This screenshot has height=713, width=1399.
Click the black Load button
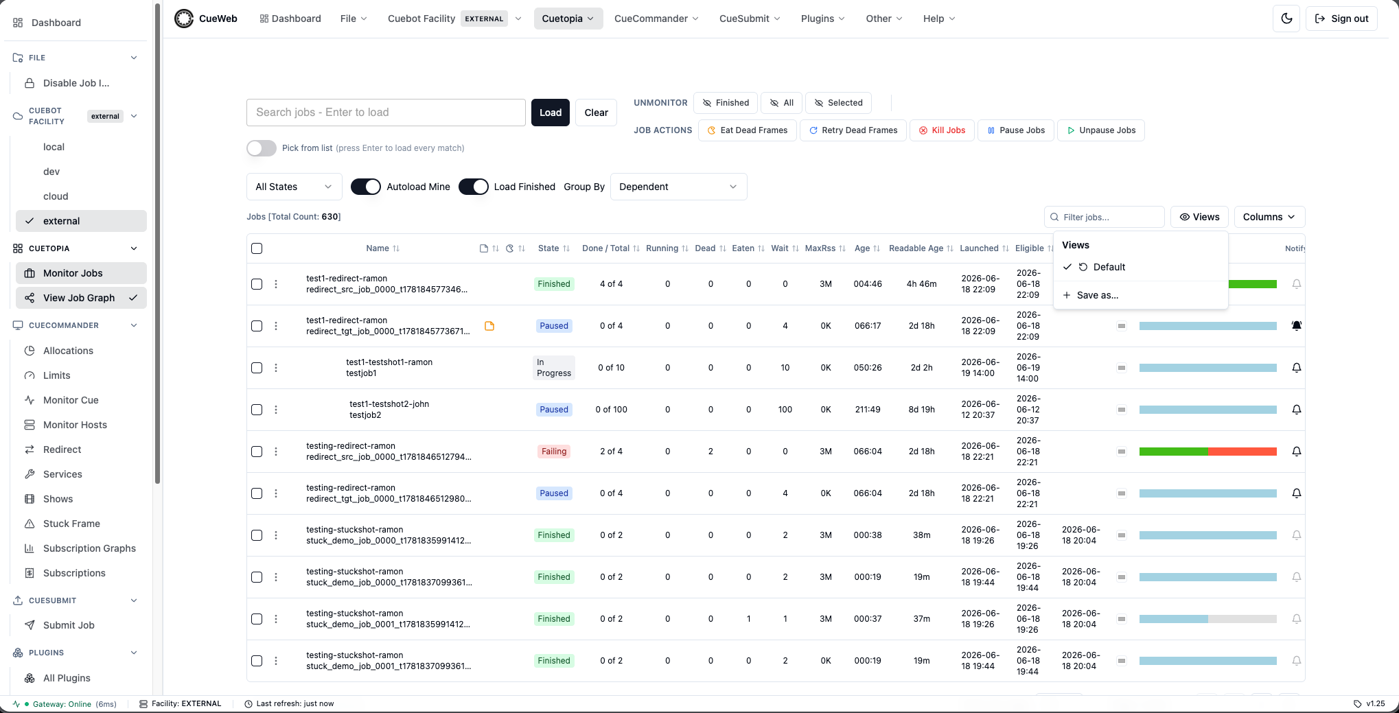click(550, 113)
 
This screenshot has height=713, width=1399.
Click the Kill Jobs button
click(942, 130)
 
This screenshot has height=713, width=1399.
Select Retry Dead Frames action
click(853, 130)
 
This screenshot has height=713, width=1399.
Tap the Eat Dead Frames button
click(747, 130)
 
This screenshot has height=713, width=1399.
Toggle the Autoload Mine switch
click(366, 187)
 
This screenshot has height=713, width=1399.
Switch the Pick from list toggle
click(262, 148)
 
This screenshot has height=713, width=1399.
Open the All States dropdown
click(294, 187)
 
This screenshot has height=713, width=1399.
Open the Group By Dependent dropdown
click(678, 187)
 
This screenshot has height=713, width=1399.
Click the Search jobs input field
click(386, 113)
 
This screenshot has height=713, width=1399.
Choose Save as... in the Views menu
click(1097, 295)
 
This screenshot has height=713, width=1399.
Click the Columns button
click(1269, 217)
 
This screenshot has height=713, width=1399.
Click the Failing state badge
click(554, 452)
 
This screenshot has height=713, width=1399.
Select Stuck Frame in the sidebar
click(71, 524)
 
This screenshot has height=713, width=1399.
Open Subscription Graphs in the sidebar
click(89, 548)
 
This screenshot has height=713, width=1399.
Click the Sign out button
click(1341, 19)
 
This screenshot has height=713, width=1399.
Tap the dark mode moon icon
click(1286, 19)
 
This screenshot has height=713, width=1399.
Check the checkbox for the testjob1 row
click(257, 368)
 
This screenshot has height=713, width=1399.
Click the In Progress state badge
click(554, 368)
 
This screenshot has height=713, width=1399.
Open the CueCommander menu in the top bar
click(656, 19)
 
